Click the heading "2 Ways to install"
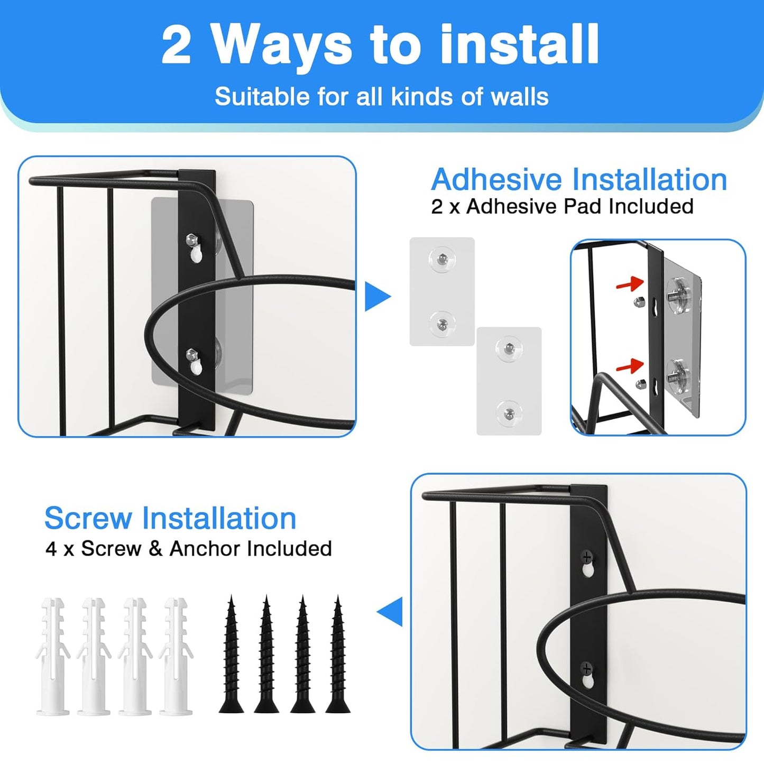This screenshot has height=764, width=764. tap(381, 44)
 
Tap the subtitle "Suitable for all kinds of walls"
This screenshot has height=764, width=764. tap(381, 97)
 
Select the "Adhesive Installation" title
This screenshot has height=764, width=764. tap(579, 180)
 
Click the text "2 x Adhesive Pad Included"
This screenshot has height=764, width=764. tap(562, 206)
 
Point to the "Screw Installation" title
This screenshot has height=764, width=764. tap(170, 518)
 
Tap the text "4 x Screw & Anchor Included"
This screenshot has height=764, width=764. tap(189, 549)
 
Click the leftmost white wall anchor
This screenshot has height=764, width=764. tap(53, 656)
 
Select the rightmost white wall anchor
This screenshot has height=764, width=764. tap(177, 656)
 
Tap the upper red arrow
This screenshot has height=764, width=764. tap(630, 284)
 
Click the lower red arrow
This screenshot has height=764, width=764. tap(630, 365)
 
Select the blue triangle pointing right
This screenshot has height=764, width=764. tap(376, 297)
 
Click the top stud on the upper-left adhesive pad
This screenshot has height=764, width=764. tap(442, 259)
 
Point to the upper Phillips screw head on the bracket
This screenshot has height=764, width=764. tap(587, 556)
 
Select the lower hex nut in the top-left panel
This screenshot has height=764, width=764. tap(191, 354)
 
